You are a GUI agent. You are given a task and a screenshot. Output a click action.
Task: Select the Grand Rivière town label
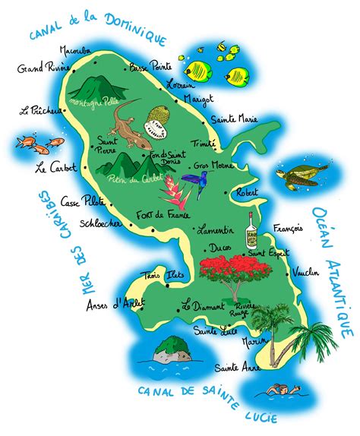click(x=40, y=69)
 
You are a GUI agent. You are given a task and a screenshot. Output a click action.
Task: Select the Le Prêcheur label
click(x=41, y=111)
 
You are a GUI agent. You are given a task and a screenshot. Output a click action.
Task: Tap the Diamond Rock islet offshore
click(x=172, y=349)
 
